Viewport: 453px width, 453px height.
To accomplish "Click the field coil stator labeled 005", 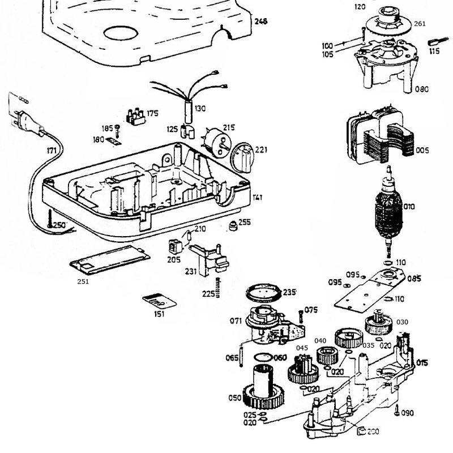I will [x=374, y=139].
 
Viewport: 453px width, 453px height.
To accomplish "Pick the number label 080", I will [x=422, y=89].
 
